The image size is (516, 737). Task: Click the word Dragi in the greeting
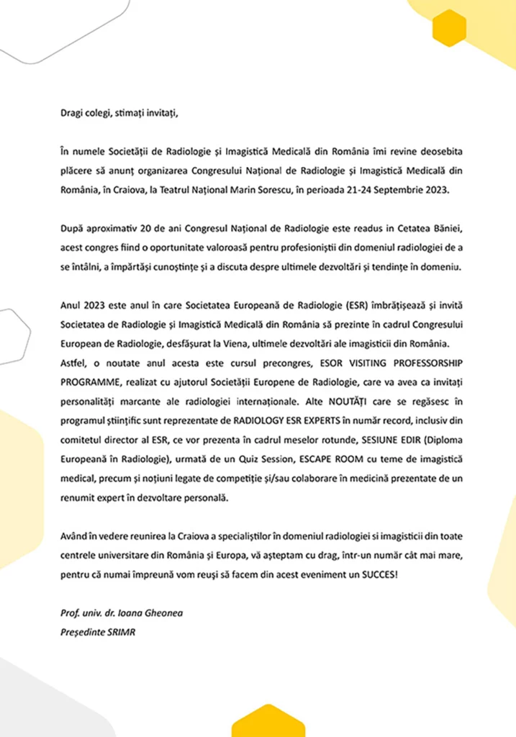tap(73, 112)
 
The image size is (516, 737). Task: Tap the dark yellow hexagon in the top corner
tap(450, 28)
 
